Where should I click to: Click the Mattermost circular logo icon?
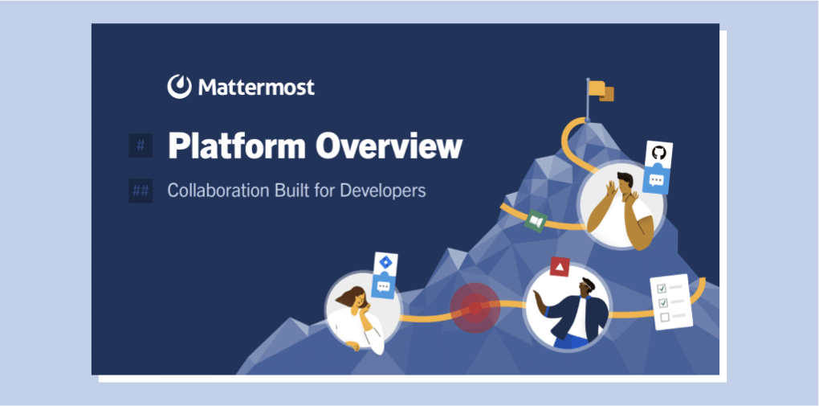[x=179, y=86]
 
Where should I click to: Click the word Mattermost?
[x=256, y=87]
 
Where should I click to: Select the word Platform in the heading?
[x=236, y=147]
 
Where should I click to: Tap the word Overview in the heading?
[x=389, y=147]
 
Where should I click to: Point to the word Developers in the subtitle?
[x=383, y=191]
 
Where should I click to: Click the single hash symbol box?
[x=141, y=146]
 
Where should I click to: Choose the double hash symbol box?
[x=141, y=191]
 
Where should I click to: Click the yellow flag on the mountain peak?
[x=601, y=91]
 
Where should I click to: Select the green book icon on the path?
[x=536, y=221]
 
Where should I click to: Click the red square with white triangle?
[x=560, y=267]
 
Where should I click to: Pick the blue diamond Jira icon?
[x=386, y=263]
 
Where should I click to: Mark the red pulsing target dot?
[x=475, y=308]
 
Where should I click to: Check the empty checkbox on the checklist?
[x=665, y=317]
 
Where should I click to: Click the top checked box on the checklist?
[x=662, y=289]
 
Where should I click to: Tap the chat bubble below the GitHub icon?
[x=656, y=180]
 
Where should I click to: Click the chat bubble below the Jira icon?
[x=384, y=287]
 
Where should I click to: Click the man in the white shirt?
[x=621, y=209]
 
